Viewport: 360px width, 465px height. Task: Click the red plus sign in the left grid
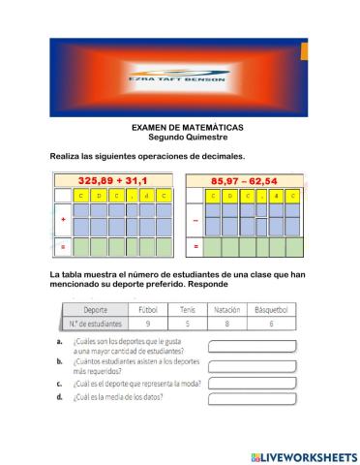pos(63,220)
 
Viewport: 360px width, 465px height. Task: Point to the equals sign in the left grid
pos(63,246)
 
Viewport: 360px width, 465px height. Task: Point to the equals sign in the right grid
pos(195,246)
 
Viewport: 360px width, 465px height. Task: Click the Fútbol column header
pos(148,309)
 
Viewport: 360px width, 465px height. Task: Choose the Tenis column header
pos(188,309)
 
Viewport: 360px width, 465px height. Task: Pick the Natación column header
pos(227,309)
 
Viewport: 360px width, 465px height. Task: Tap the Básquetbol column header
pos(274,309)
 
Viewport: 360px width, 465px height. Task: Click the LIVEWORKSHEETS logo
pos(303,454)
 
